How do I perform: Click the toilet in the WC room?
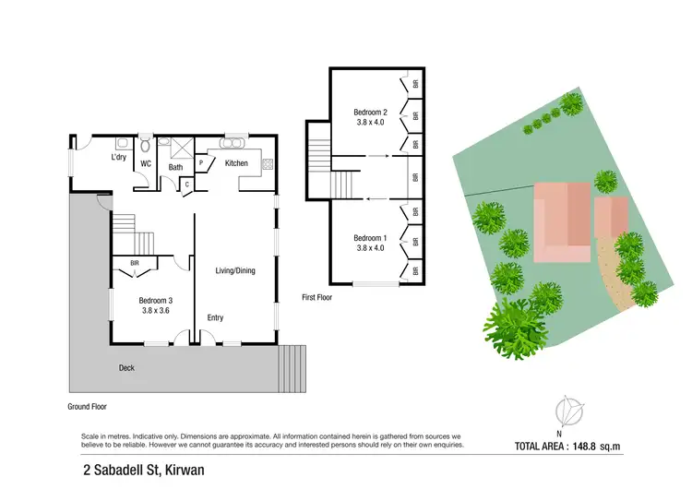(x=146, y=147)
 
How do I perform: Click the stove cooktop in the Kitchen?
(x=268, y=164)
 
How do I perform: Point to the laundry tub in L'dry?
(x=120, y=144)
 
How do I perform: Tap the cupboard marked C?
(x=187, y=184)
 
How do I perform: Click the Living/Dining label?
(x=235, y=270)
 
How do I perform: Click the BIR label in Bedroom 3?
(x=135, y=263)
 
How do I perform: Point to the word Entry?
(x=215, y=318)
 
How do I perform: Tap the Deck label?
(x=126, y=368)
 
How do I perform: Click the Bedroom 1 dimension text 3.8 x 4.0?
(x=370, y=248)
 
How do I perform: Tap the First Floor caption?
(x=316, y=298)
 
